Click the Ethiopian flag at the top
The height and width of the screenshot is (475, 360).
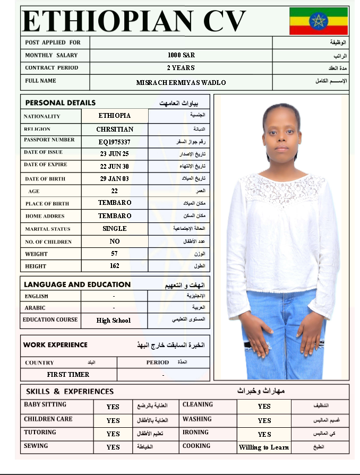click(x=319, y=21)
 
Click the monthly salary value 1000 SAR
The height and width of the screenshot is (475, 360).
click(x=181, y=55)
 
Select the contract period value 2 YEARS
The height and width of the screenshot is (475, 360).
click(x=181, y=68)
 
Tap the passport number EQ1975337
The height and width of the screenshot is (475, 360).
click(x=115, y=142)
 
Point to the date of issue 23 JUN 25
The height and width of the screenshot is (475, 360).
click(x=115, y=154)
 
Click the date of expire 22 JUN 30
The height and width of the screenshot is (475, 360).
click(x=115, y=166)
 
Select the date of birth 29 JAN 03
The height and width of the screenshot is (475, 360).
click(x=115, y=179)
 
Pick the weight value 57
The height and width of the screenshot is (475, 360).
click(x=115, y=254)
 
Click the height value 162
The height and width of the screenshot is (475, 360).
click(x=115, y=266)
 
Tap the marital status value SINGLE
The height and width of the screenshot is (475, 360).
click(x=115, y=229)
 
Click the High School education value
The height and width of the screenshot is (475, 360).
click(x=114, y=321)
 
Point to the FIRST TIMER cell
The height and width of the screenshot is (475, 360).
click(x=68, y=375)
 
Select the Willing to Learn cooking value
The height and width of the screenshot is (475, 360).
click(x=264, y=447)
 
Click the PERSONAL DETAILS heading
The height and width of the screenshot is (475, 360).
click(x=60, y=102)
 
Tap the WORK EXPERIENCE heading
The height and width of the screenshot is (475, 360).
click(x=55, y=345)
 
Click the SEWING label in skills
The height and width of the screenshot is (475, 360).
click(x=36, y=446)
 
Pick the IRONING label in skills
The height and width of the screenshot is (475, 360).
click(x=195, y=433)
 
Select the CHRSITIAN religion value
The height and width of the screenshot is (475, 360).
click(x=115, y=129)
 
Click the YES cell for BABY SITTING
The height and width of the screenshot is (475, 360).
click(x=113, y=407)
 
